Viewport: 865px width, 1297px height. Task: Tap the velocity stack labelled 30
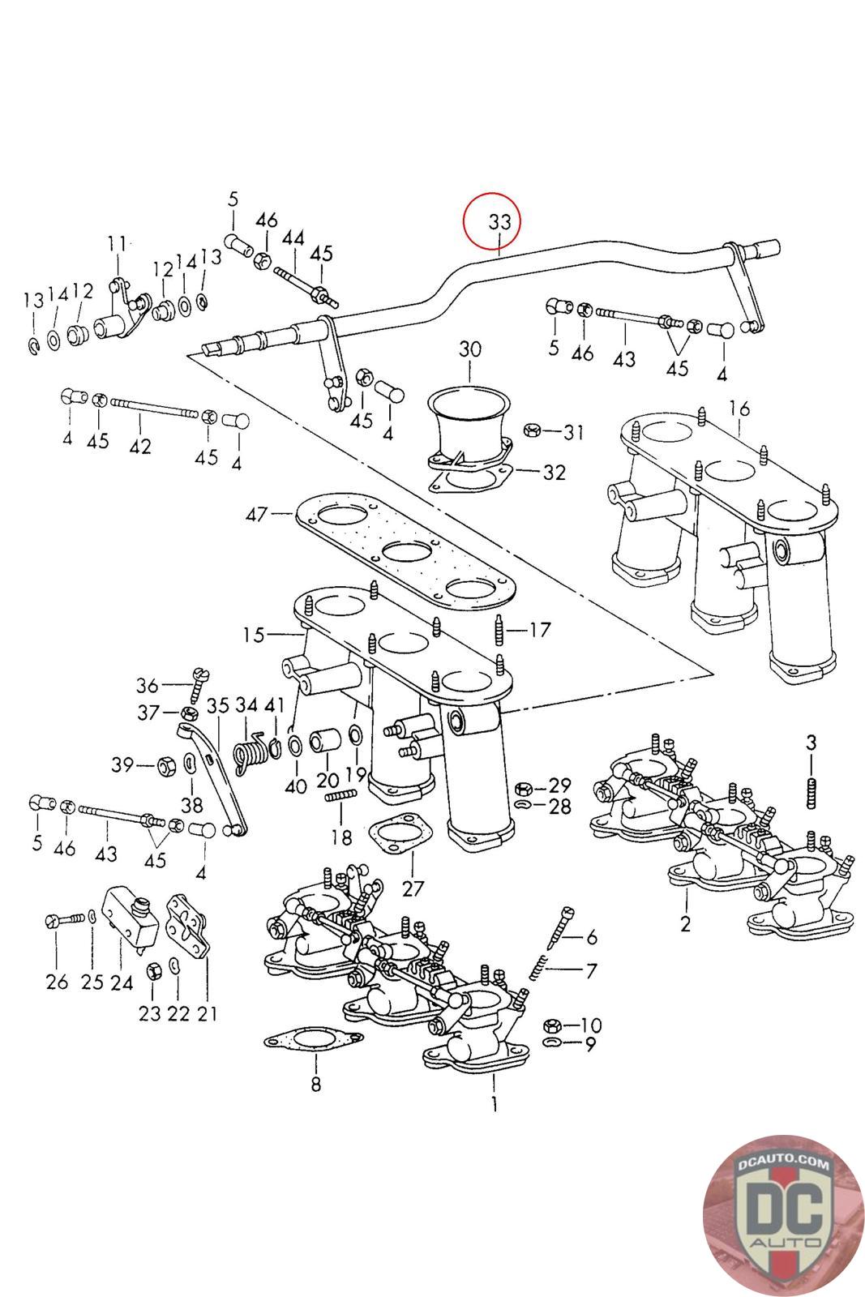click(470, 422)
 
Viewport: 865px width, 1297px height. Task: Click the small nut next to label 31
click(533, 430)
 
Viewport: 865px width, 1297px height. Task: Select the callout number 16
click(739, 408)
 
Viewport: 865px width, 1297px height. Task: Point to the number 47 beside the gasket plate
click(258, 513)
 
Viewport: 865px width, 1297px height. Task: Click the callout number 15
click(254, 635)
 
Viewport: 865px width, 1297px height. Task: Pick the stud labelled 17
click(497, 629)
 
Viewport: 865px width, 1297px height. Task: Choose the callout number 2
click(686, 923)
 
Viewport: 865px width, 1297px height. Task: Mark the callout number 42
click(140, 446)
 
